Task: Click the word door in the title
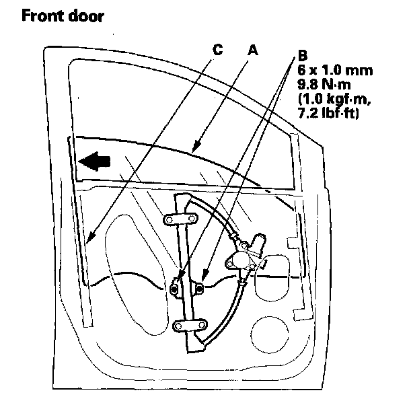(x=87, y=15)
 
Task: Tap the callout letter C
(x=217, y=50)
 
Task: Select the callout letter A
(x=253, y=50)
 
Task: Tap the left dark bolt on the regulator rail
(x=175, y=289)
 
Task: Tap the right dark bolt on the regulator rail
(x=200, y=289)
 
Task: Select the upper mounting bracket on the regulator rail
(x=180, y=221)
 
